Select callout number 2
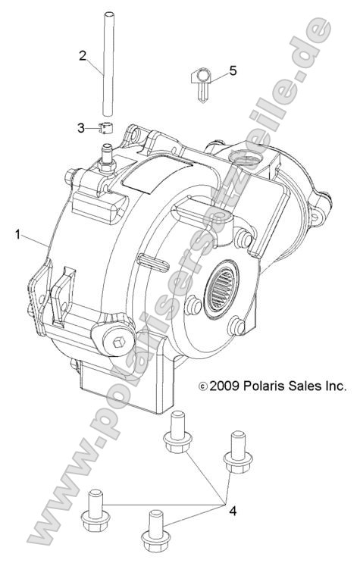(83, 55)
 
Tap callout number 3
(82, 128)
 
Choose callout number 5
(233, 70)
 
